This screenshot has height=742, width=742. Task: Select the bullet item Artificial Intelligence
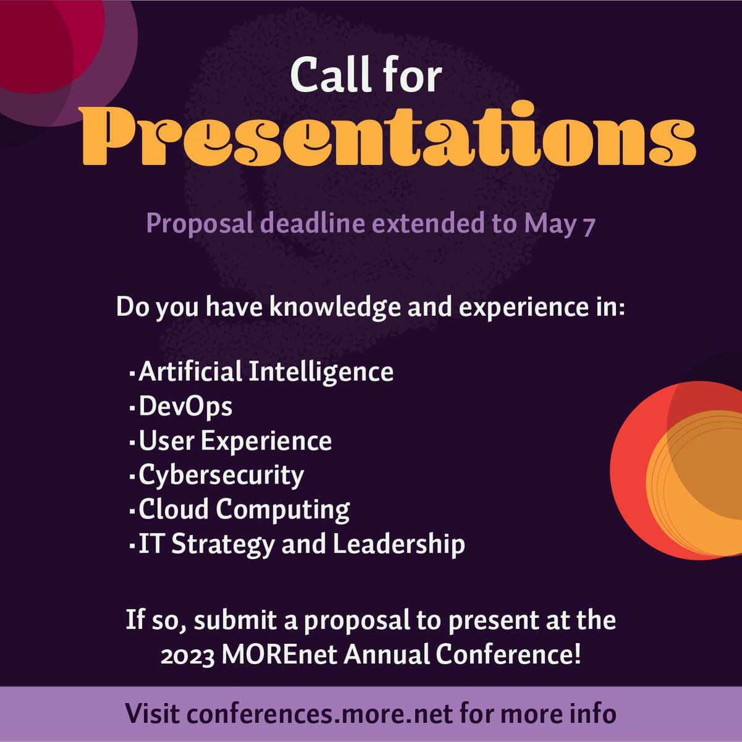click(x=266, y=372)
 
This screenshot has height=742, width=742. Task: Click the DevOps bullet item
click(x=185, y=407)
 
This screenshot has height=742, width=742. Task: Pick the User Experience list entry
click(x=235, y=441)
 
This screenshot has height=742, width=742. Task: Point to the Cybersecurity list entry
click(x=221, y=475)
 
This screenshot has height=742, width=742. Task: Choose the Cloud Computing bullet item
click(x=244, y=510)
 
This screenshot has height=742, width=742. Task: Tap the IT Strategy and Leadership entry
click(x=302, y=544)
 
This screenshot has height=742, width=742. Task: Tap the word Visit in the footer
click(x=151, y=714)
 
